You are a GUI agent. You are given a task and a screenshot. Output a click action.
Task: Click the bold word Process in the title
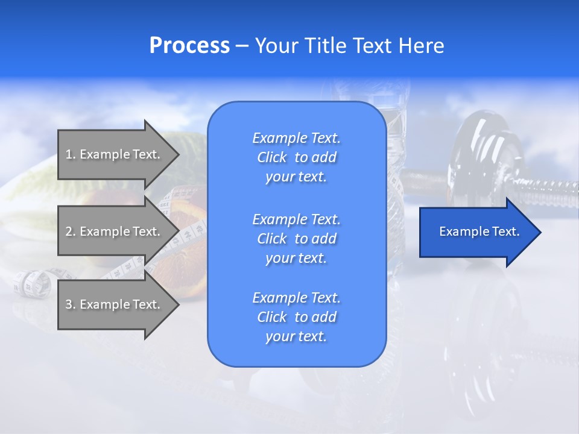189,46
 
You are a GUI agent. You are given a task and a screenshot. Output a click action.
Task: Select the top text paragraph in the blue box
296,157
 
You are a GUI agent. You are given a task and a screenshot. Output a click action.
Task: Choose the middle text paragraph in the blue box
296,239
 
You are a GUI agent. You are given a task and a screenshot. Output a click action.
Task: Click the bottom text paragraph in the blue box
296,317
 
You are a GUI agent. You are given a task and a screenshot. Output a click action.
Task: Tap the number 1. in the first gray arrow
71,154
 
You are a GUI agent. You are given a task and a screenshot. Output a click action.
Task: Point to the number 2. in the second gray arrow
71,231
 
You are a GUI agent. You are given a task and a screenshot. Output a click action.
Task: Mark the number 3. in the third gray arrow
71,304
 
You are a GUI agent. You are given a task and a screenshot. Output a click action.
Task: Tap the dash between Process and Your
242,46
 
